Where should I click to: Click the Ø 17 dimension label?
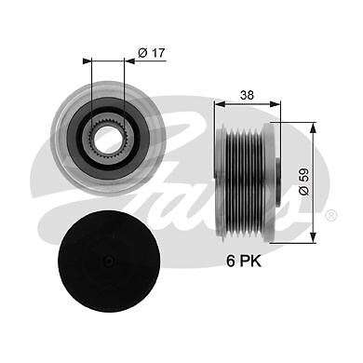tap(152, 54)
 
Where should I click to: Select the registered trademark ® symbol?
tap(331, 216)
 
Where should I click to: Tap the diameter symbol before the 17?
tap(142, 54)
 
